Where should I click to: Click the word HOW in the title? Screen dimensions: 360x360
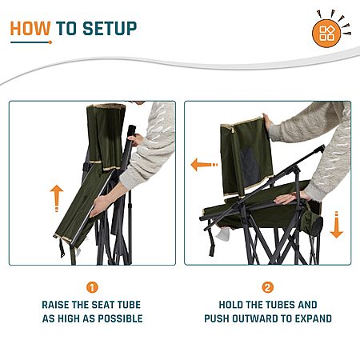coord(30,28)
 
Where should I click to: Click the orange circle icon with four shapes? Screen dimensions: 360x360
coord(326,34)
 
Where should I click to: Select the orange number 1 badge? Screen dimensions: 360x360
coord(92,287)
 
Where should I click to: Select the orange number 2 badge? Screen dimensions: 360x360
coord(268,287)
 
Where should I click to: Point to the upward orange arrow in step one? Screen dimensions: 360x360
coord(57,198)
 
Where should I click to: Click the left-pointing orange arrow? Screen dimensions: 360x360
coord(204,165)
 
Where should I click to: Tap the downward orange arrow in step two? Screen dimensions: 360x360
coord(337,225)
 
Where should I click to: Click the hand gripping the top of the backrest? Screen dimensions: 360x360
coord(267,122)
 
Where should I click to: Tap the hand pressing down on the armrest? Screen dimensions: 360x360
coord(291,198)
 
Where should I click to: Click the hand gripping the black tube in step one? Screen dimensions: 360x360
coord(135,139)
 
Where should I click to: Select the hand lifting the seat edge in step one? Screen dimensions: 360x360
coord(99,206)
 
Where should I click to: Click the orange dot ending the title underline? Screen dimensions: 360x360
coord(50,42)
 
